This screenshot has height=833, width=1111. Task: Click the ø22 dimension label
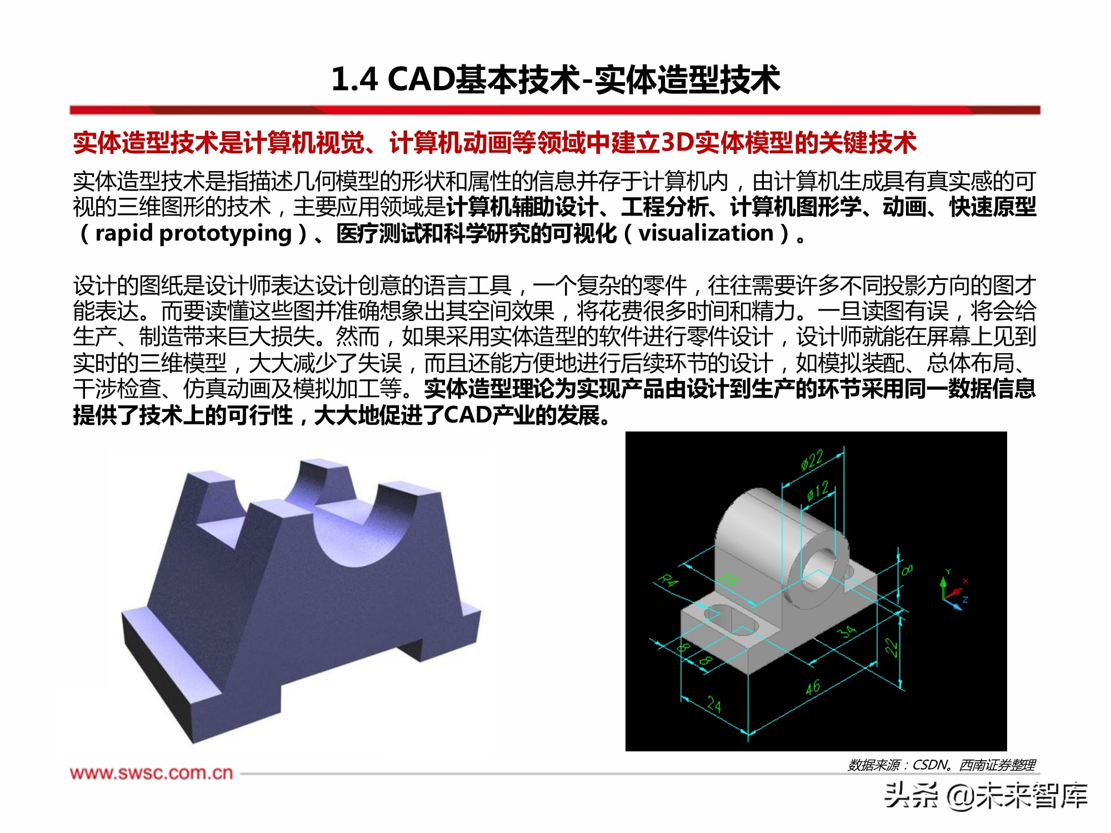[812, 460]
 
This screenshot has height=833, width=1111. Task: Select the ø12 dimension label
[818, 491]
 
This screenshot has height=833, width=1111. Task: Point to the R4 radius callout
[668, 581]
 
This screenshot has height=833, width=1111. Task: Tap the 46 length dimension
[813, 688]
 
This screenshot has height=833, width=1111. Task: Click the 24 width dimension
[714, 705]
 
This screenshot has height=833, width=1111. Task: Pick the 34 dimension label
[847, 632]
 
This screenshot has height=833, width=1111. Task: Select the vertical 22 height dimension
[890, 647]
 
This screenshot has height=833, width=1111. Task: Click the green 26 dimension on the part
[728, 579]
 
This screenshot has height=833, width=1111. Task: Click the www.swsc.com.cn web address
[151, 772]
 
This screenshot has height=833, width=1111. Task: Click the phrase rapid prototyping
[193, 233]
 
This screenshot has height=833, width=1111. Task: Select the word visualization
[705, 233]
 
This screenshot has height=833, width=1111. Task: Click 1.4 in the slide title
[354, 79]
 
